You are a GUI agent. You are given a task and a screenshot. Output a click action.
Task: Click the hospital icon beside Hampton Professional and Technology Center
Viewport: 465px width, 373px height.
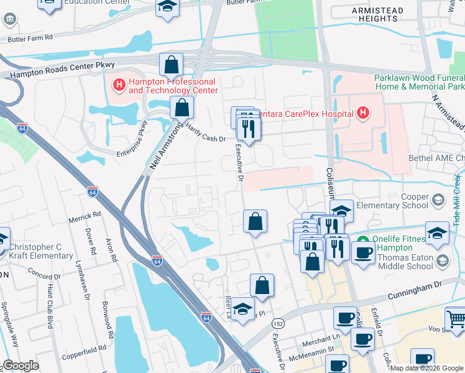pyautogui.click(x=118, y=83)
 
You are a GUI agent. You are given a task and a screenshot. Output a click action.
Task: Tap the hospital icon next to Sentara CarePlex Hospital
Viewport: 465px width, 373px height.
pyautogui.click(x=363, y=113)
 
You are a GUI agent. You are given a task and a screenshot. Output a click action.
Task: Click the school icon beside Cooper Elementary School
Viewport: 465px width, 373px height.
pyautogui.click(x=440, y=200)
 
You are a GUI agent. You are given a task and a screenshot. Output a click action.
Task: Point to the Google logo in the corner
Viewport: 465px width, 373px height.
pyautogui.click(x=21, y=366)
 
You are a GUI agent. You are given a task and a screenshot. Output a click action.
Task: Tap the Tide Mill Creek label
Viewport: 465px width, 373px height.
pyautogui.click(x=457, y=199)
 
